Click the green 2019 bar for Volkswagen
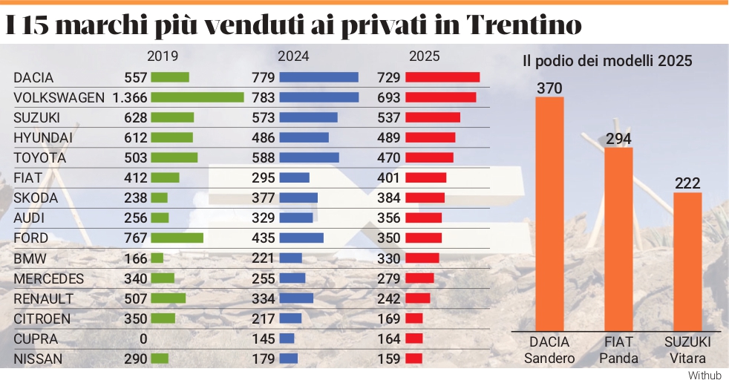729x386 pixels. coord(197,97)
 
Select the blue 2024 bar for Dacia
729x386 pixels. coord(318,77)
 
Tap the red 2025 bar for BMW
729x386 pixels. coord(422,258)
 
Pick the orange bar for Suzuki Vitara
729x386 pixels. coord(687,261)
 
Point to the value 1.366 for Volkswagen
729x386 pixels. coord(130,97)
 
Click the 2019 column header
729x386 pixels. coord(163,56)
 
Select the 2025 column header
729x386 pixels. coord(425,56)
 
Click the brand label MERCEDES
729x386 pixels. coord(49,279)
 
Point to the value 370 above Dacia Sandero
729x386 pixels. coord(549,88)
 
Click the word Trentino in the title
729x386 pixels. coord(525,25)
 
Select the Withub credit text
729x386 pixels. coord(705,376)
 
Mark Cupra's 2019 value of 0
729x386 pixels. coord(143,339)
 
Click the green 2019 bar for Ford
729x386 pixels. coord(177,238)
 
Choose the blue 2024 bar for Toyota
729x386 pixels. coord(309,157)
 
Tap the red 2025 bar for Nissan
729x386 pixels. coord(413,359)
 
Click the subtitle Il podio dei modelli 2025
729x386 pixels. coord(607,61)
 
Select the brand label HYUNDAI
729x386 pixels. coord(43,137)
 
